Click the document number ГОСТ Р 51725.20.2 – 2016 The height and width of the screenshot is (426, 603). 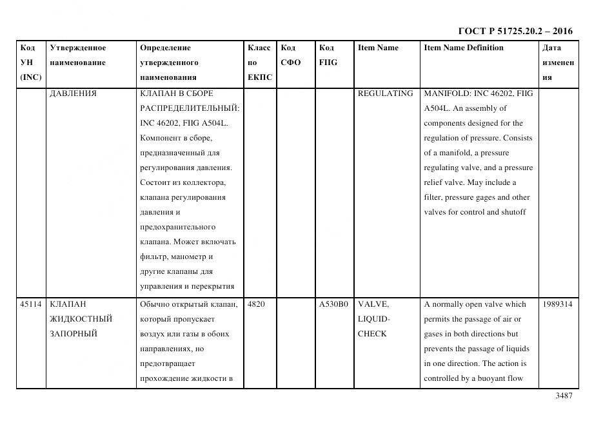click(x=515, y=31)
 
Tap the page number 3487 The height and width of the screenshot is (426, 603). click(x=564, y=396)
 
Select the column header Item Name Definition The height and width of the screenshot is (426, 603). click(x=463, y=48)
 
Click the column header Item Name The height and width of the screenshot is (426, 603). click(x=378, y=48)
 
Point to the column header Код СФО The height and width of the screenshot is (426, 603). click(x=290, y=55)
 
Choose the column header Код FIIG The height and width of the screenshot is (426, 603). click(x=328, y=55)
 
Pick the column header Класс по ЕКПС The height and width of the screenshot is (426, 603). click(x=259, y=63)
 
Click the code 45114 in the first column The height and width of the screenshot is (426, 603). click(x=30, y=304)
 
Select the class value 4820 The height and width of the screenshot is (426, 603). click(x=256, y=304)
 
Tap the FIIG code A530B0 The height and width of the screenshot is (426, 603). click(x=333, y=304)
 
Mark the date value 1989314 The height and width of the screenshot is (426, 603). click(x=557, y=304)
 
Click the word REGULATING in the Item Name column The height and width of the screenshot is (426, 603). click(x=385, y=93)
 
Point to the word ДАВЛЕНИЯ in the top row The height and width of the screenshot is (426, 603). click(x=73, y=93)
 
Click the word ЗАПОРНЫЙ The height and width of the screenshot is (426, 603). click(x=73, y=334)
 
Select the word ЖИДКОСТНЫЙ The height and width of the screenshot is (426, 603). click(x=81, y=319)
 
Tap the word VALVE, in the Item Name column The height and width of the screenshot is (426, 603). click(x=373, y=304)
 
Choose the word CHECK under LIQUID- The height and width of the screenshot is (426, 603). click(x=372, y=334)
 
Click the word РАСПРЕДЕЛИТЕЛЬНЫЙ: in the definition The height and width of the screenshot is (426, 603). click(x=190, y=108)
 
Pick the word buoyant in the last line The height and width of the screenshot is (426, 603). click(x=492, y=378)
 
